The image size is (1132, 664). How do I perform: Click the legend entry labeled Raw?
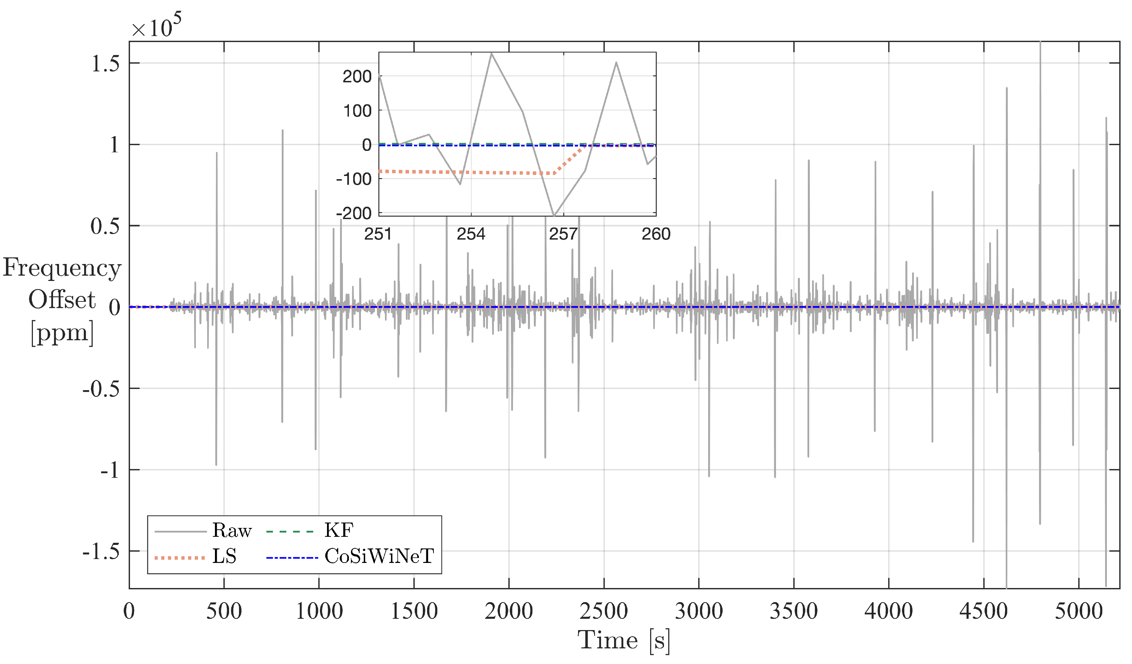232,531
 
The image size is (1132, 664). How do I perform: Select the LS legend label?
224,557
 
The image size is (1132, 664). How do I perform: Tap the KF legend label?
339,531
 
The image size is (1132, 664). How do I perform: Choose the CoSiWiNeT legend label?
379,557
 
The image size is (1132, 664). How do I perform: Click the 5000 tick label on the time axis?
1078,611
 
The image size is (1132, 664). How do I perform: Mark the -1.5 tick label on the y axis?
101,551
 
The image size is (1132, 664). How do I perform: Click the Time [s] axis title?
624,640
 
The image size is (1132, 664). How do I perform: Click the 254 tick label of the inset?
471,234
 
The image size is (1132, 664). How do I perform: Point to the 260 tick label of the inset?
656,234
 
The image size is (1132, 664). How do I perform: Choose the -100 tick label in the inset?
354,179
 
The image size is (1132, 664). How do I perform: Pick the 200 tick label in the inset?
357,77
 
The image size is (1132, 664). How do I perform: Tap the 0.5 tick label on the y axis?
105,226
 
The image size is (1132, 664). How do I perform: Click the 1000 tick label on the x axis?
319,611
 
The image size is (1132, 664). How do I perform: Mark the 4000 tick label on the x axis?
888,611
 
